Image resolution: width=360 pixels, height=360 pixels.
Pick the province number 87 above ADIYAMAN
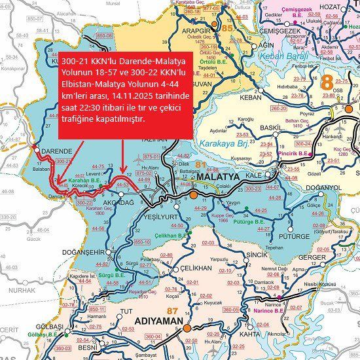[173, 310]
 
